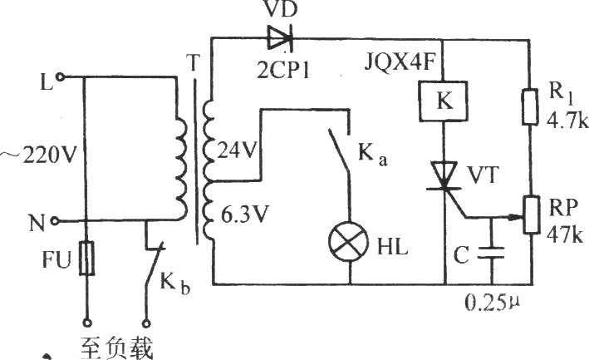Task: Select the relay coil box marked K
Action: (x=444, y=101)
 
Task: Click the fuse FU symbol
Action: (x=86, y=259)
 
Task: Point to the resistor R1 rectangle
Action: (x=530, y=106)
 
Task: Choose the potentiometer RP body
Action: (x=532, y=215)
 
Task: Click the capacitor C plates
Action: (x=491, y=253)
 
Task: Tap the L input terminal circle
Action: (x=59, y=77)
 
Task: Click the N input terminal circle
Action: (x=55, y=221)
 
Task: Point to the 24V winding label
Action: (x=237, y=151)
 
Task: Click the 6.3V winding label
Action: (x=243, y=215)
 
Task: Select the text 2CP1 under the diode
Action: (x=283, y=70)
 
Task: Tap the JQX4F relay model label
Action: (x=400, y=63)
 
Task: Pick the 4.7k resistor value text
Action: (x=567, y=121)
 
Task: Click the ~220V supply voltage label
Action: (x=38, y=155)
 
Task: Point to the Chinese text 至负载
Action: (x=117, y=348)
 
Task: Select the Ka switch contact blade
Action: (x=340, y=151)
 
